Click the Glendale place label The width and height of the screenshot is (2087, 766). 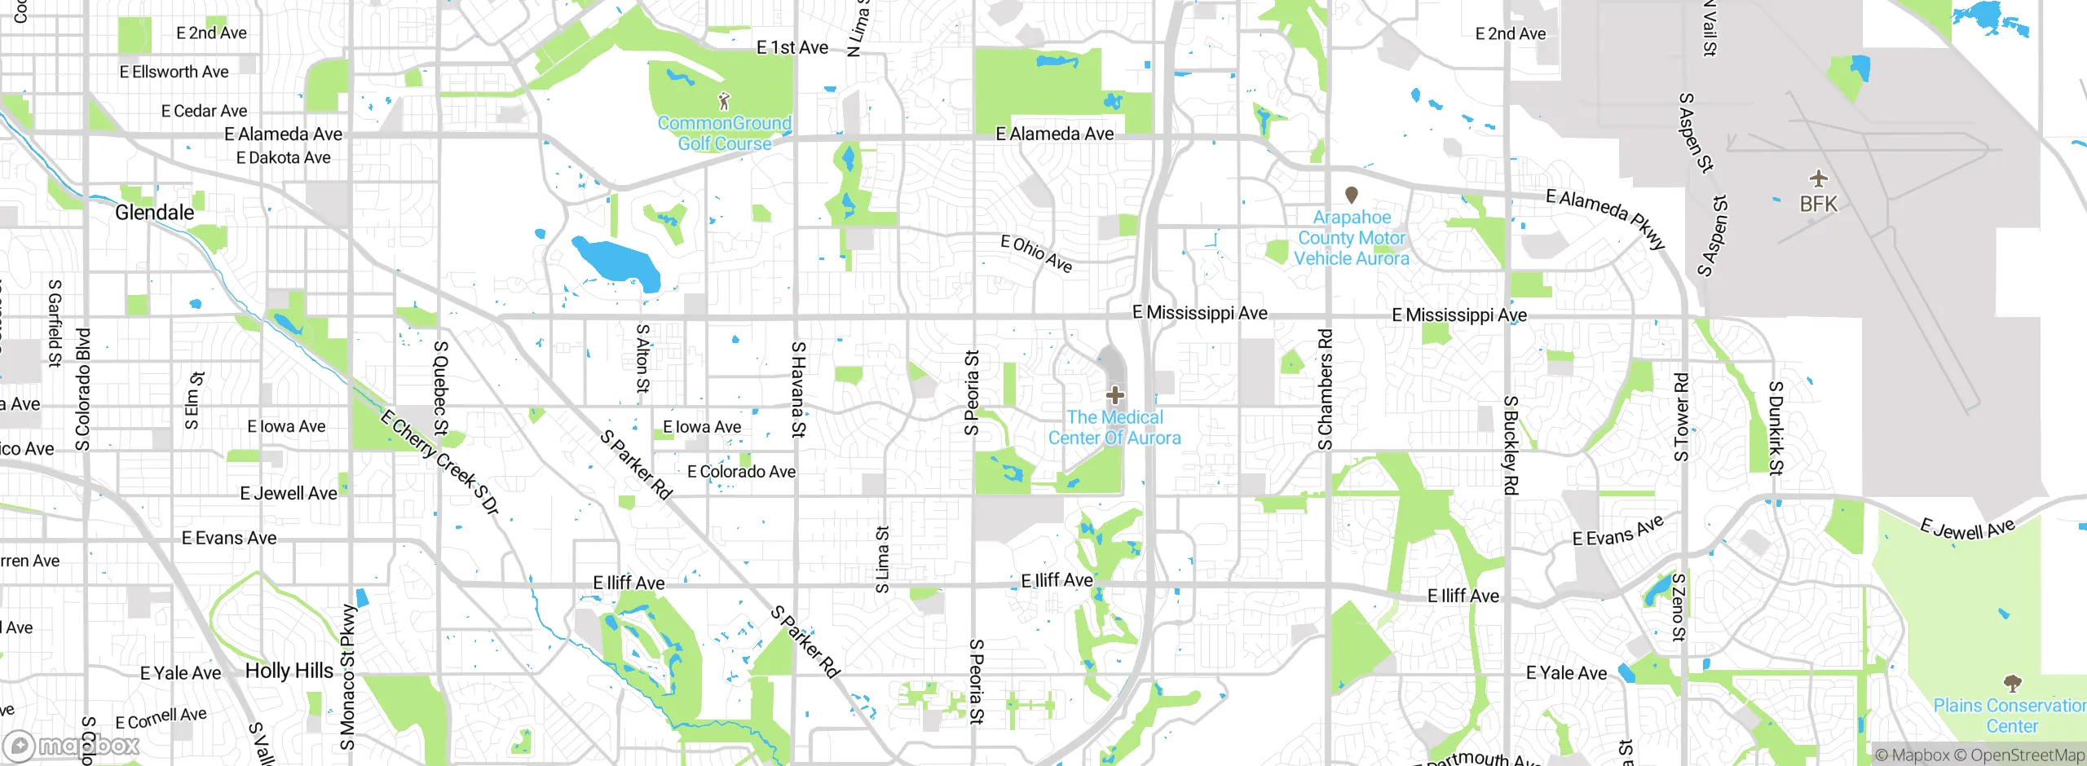(x=155, y=213)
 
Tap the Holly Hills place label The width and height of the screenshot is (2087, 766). (x=289, y=671)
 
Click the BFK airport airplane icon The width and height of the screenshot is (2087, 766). (x=1818, y=178)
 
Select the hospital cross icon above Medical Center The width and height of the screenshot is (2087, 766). (x=1115, y=396)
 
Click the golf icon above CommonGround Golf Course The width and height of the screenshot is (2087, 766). (x=724, y=101)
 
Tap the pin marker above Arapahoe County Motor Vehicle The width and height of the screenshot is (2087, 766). (x=1352, y=195)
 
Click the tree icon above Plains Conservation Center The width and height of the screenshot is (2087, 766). (x=2012, y=683)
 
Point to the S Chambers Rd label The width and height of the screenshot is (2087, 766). (x=1326, y=390)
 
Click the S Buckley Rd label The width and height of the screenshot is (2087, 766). (x=1511, y=445)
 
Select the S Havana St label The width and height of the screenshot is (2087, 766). (x=799, y=390)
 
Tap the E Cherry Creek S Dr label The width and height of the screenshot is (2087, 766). (x=439, y=462)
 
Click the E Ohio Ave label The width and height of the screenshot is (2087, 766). (x=1037, y=253)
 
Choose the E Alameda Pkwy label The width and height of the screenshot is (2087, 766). (x=1606, y=218)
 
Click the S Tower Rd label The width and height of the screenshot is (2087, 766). (x=1681, y=417)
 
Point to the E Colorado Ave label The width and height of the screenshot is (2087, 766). (x=741, y=472)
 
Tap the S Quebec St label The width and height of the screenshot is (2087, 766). (x=441, y=388)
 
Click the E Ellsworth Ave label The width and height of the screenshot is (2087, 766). (x=174, y=72)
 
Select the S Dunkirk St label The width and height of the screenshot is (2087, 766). (x=1776, y=428)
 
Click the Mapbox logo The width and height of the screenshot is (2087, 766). (x=72, y=745)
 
